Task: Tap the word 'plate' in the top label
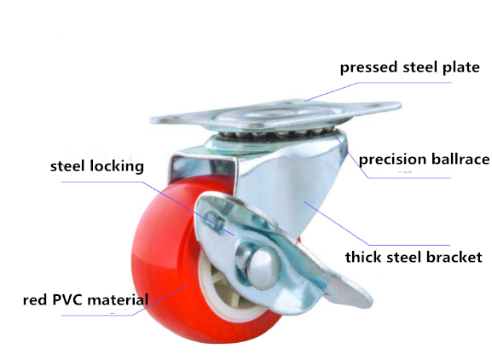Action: pyautogui.click(x=461, y=67)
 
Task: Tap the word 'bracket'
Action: pyautogui.click(x=454, y=257)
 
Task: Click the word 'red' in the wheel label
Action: pyautogui.click(x=36, y=300)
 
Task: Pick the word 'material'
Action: pyautogui.click(x=118, y=299)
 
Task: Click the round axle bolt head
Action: pyautogui.click(x=263, y=268)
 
